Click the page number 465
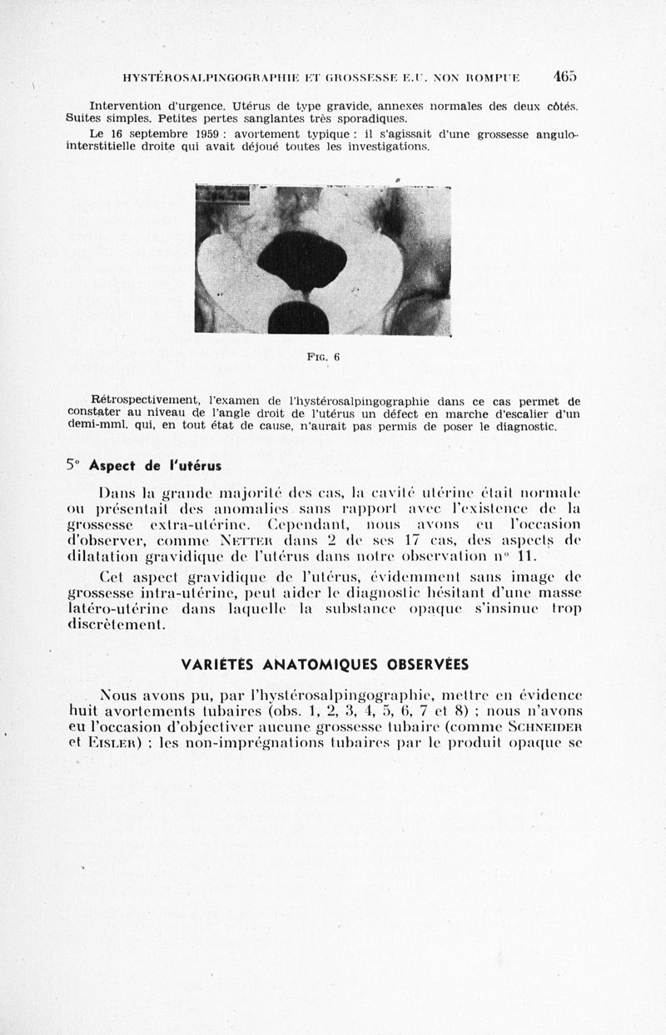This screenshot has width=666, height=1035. tap(564, 76)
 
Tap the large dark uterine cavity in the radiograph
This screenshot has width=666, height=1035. tap(301, 260)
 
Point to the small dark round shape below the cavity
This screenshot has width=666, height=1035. tap(298, 317)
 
